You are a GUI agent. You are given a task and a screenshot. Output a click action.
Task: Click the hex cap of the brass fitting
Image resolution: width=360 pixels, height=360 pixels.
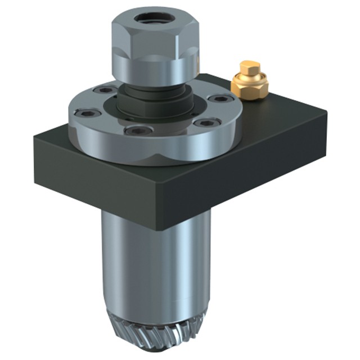(250, 68)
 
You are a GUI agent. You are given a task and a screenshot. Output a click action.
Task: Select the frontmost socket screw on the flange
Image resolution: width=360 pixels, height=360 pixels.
(137, 130)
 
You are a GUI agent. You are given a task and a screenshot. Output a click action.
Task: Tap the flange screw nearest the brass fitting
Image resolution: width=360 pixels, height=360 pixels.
(220, 98)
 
